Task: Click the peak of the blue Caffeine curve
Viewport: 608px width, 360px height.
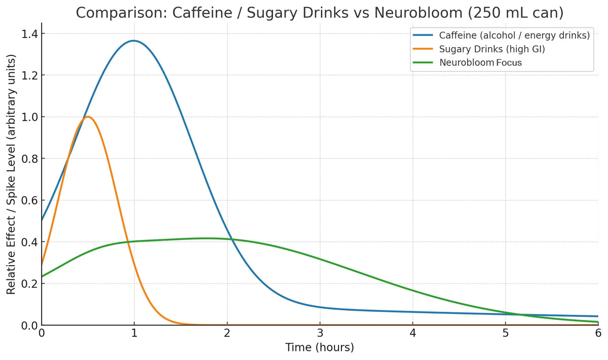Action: tap(134, 41)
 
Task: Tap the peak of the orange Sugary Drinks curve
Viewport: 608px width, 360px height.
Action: tap(88, 117)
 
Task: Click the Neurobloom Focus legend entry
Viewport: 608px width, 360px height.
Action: tap(480, 63)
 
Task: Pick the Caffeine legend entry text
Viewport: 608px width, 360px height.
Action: tap(514, 35)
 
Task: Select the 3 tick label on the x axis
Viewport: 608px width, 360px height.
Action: tap(320, 333)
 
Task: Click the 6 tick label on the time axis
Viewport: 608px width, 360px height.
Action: tap(598, 333)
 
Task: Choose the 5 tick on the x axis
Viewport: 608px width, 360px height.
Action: tap(505, 333)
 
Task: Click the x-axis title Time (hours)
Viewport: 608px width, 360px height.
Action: tap(320, 348)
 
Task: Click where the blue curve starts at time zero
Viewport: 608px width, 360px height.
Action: tap(42, 220)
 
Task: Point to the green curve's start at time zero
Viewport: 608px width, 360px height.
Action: tap(42, 276)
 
